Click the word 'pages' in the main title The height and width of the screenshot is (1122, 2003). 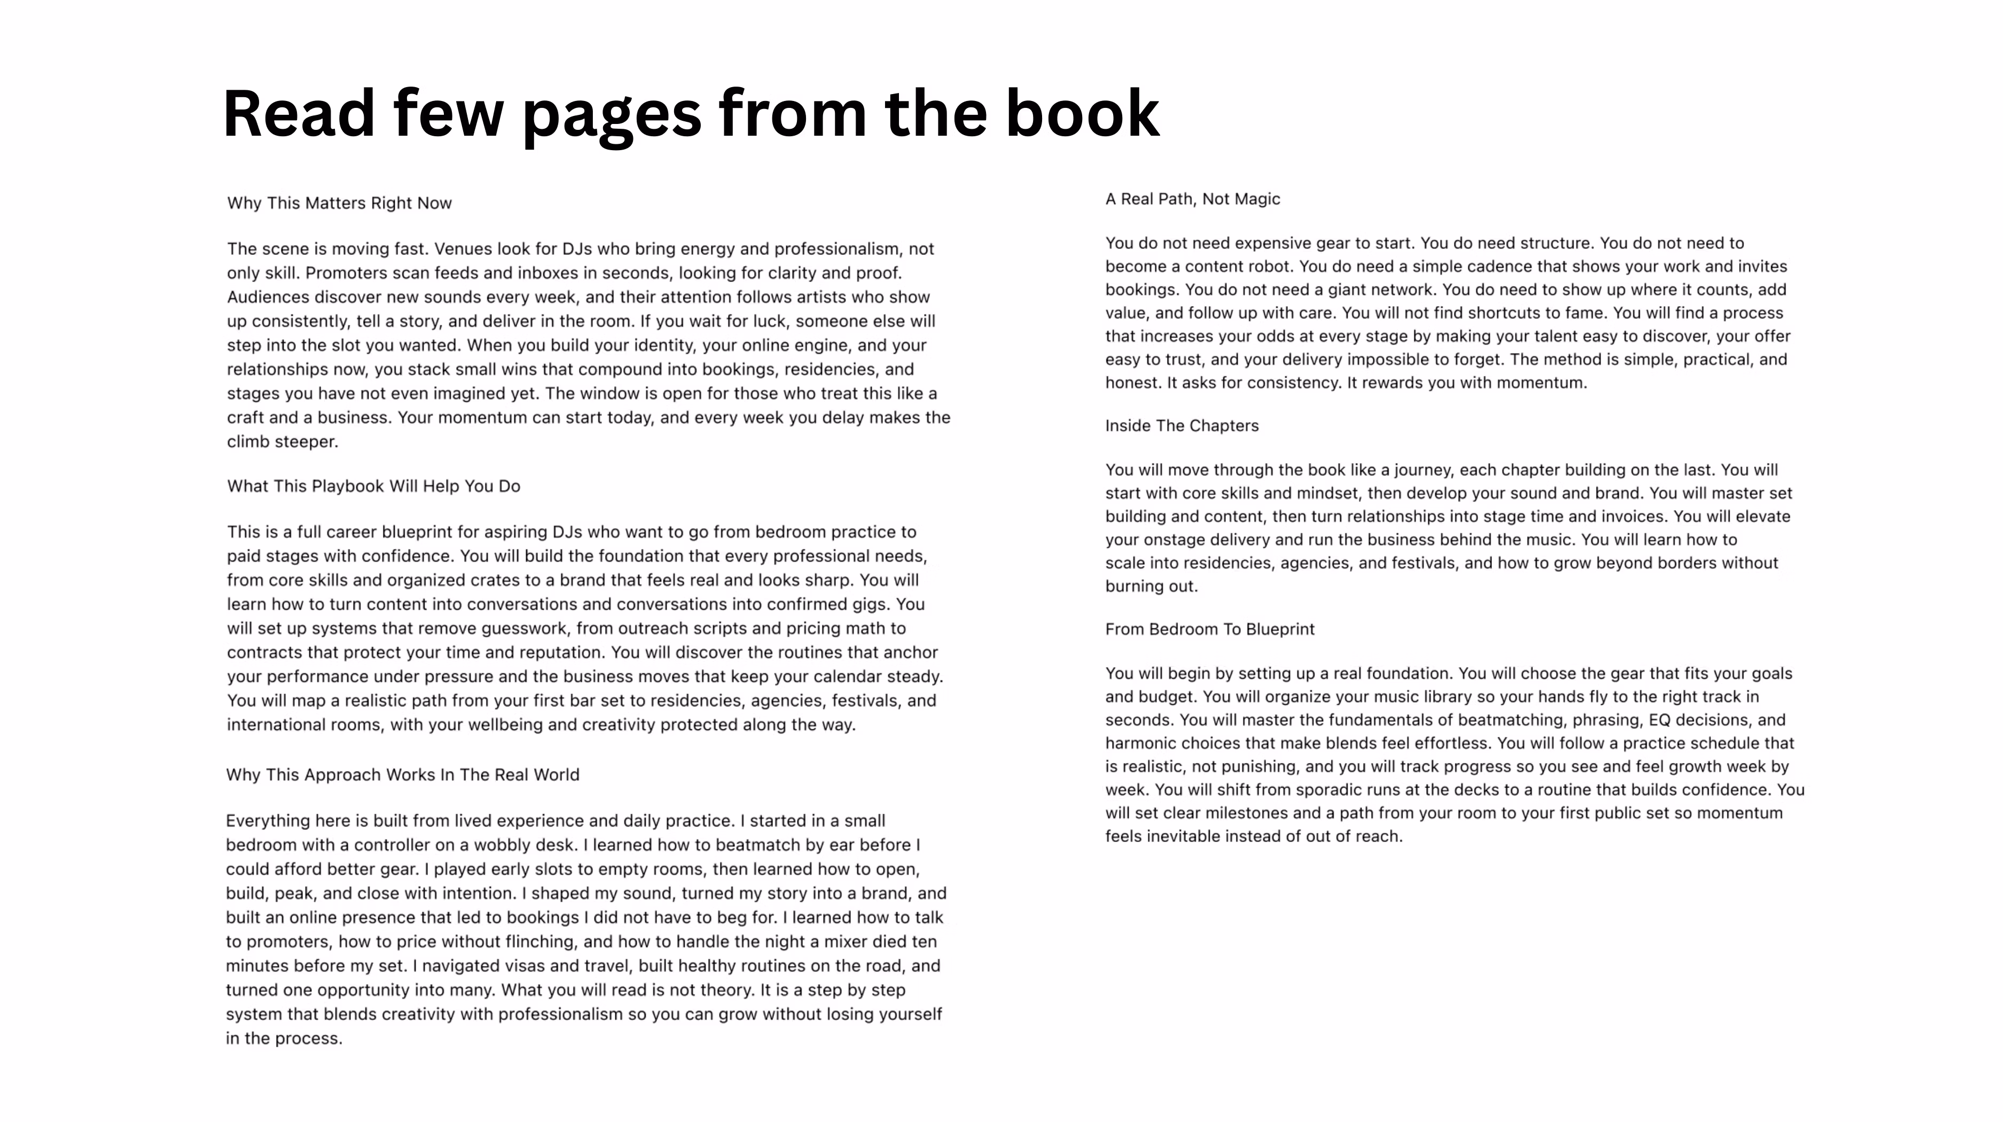pos(611,114)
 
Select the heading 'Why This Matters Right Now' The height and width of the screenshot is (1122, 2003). pos(339,203)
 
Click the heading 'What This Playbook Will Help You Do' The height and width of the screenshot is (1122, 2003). pos(373,486)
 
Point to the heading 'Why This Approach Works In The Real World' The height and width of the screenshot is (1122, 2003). pos(402,774)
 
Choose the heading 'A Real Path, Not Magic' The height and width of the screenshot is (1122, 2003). pos(1192,199)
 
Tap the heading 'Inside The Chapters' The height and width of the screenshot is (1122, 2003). pos(1181,425)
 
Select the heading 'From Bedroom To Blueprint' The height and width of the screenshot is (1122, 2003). pos(1209,629)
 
